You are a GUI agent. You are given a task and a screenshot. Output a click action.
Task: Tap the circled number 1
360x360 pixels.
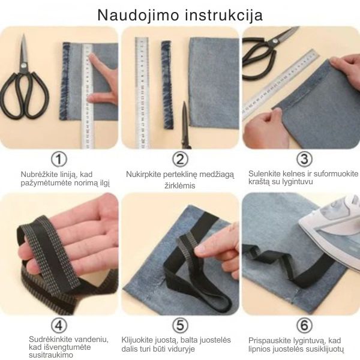[x=58, y=160]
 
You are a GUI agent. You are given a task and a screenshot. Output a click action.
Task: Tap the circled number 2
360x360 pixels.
[x=180, y=160]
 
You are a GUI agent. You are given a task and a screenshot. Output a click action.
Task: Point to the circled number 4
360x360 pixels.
[x=58, y=326]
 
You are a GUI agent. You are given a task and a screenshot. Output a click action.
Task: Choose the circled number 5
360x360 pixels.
[x=180, y=326]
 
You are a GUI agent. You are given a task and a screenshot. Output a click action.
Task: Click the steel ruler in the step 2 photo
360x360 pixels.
[x=142, y=90]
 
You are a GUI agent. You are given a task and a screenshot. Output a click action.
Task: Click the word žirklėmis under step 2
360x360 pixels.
[x=180, y=186]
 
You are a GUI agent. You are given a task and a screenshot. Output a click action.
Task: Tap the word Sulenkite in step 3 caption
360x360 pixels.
[x=264, y=174]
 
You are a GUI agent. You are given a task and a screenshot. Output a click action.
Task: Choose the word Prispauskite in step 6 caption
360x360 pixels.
[x=268, y=340]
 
